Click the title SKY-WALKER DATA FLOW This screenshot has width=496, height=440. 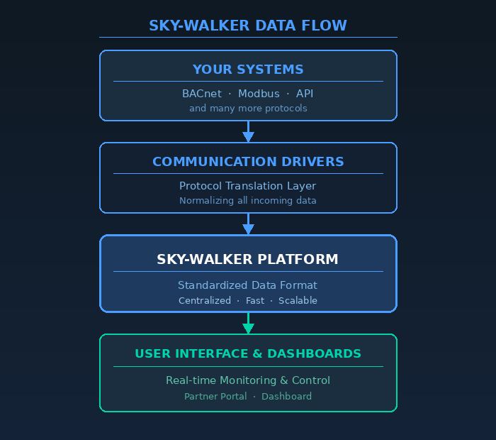(248, 26)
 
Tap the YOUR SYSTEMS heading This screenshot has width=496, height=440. (248, 70)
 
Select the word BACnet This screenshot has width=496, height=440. (202, 94)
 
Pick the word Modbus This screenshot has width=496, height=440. (259, 94)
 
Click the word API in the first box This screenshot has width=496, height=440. (305, 94)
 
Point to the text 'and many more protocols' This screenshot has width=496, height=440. (248, 109)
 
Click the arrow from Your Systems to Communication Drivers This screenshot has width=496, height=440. (248, 131)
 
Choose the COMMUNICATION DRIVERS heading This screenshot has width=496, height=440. (248, 162)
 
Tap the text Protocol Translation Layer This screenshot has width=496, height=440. (248, 186)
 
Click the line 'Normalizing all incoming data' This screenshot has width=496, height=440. (248, 201)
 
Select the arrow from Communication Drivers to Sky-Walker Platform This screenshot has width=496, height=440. (248, 224)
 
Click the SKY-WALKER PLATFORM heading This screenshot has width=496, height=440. (248, 260)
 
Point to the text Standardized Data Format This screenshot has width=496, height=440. (248, 285)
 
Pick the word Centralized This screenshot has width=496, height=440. (205, 301)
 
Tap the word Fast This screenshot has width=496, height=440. (255, 301)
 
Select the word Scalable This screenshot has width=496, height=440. (298, 301)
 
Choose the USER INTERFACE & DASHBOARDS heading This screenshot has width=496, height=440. (248, 353)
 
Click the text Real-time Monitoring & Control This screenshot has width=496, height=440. (248, 380)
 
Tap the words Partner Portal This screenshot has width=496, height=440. (215, 397)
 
